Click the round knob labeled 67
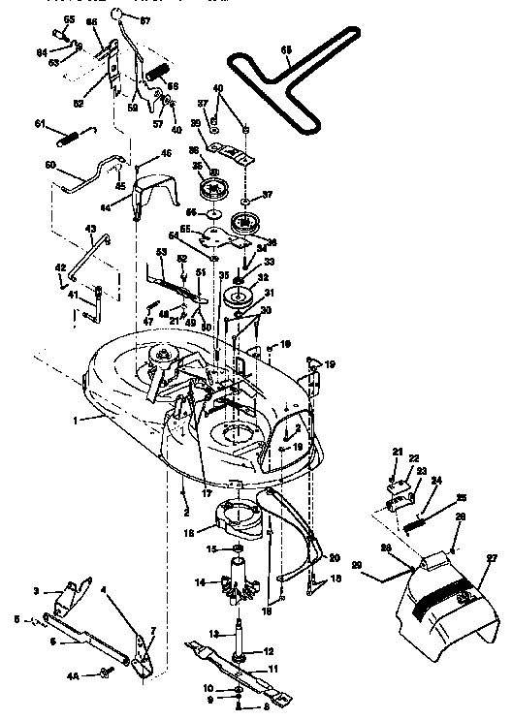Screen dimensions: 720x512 coord(116,15)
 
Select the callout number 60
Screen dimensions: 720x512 coord(50,167)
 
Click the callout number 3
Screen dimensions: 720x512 coord(37,590)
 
